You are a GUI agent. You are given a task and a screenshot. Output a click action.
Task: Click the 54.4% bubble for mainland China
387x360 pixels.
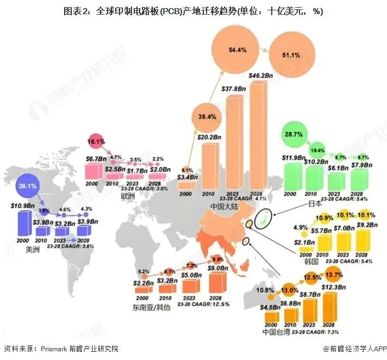(x=238, y=50)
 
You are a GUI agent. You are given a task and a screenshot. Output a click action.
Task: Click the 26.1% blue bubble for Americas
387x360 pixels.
(x=28, y=186)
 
